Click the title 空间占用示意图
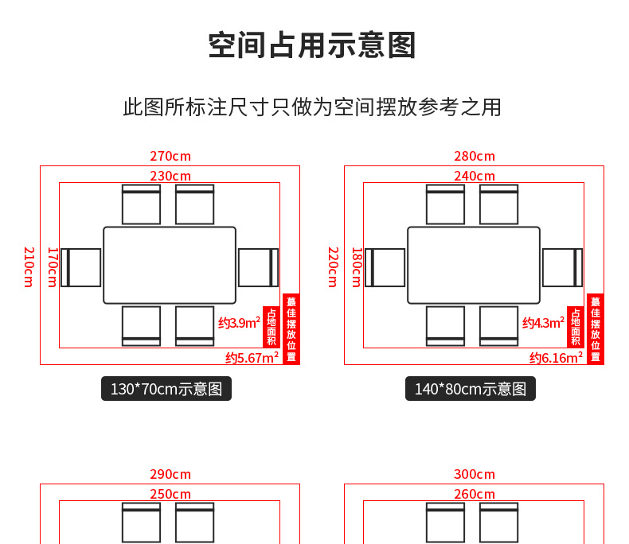pos(312,45)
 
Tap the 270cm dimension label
pos(170,157)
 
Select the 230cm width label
pos(170,176)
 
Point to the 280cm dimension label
pos(475,157)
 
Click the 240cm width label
pos(475,176)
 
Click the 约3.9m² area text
pos(239,322)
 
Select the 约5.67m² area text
pos(252,357)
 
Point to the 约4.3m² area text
pos(543,322)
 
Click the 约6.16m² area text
pos(556,357)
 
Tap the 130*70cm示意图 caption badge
pos(166,389)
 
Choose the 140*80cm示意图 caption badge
pos(471,389)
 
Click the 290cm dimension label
pos(170,475)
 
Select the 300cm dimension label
pos(475,475)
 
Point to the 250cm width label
pos(170,494)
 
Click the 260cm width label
pos(475,494)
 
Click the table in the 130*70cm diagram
pos(170,266)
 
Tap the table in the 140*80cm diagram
pos(474,266)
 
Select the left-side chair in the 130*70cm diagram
pos(81,267)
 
